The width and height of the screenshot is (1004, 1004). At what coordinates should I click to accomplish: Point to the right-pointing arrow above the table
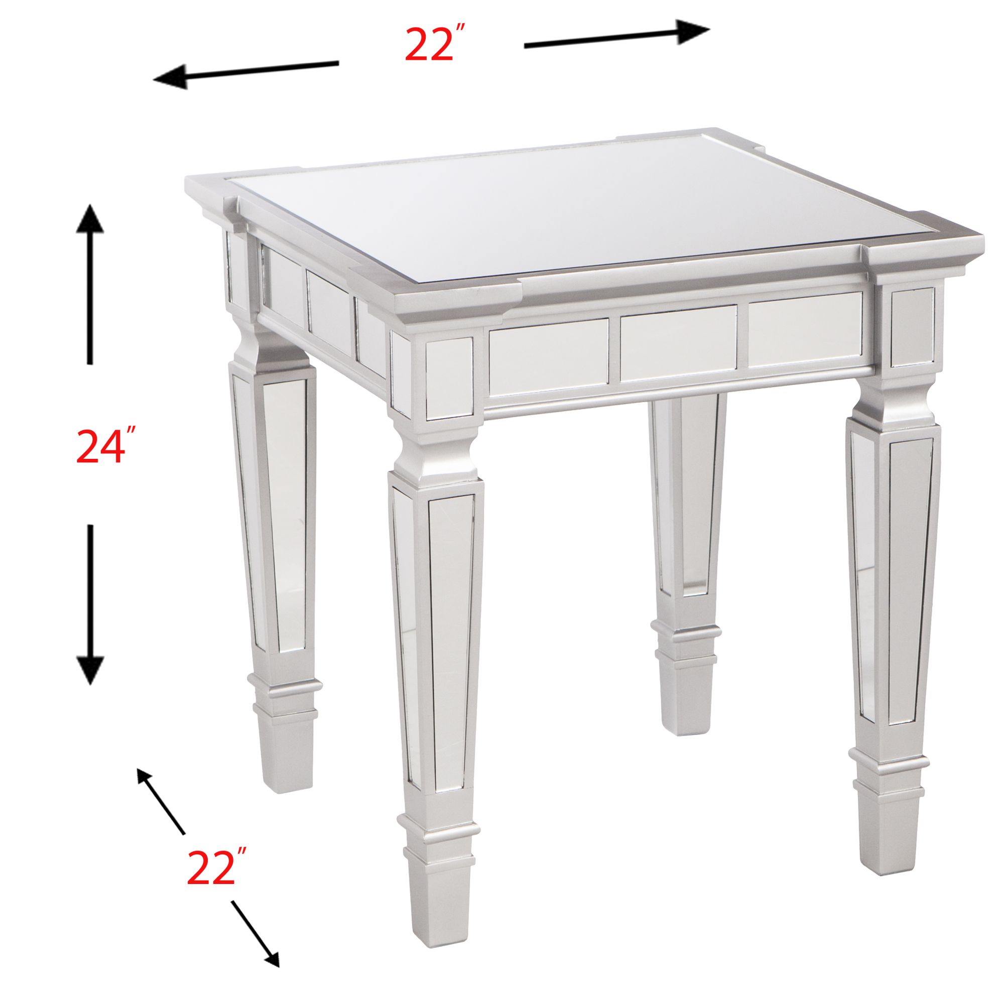(617, 38)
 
